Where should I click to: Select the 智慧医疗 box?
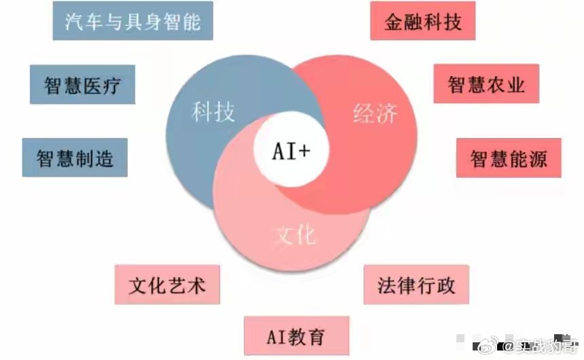point(82,85)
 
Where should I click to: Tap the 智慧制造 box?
point(75,158)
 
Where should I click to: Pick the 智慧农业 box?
point(486,84)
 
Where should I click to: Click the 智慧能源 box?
point(509,158)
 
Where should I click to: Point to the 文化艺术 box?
point(167,284)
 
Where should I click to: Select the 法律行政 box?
point(416,285)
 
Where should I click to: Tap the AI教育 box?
point(296,336)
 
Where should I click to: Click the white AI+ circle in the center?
point(291,151)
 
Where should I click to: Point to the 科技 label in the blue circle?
point(213,111)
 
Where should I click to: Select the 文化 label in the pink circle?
point(296,234)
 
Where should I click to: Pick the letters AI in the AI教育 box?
point(276,336)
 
